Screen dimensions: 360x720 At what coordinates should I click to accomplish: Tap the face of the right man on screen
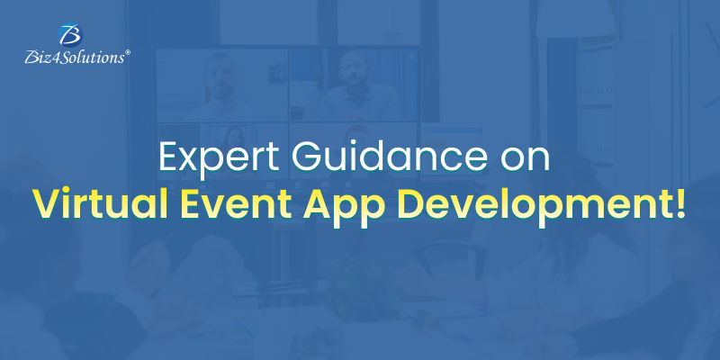pos(354,67)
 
